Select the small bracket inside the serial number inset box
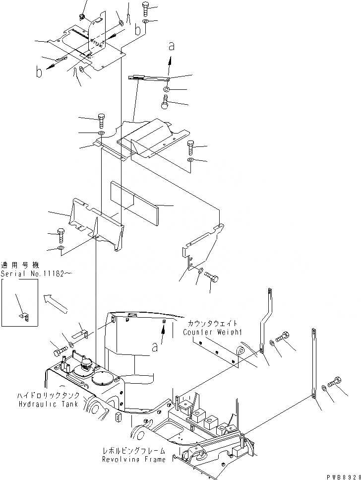23,316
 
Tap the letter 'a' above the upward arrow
172,46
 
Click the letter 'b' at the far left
38,72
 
